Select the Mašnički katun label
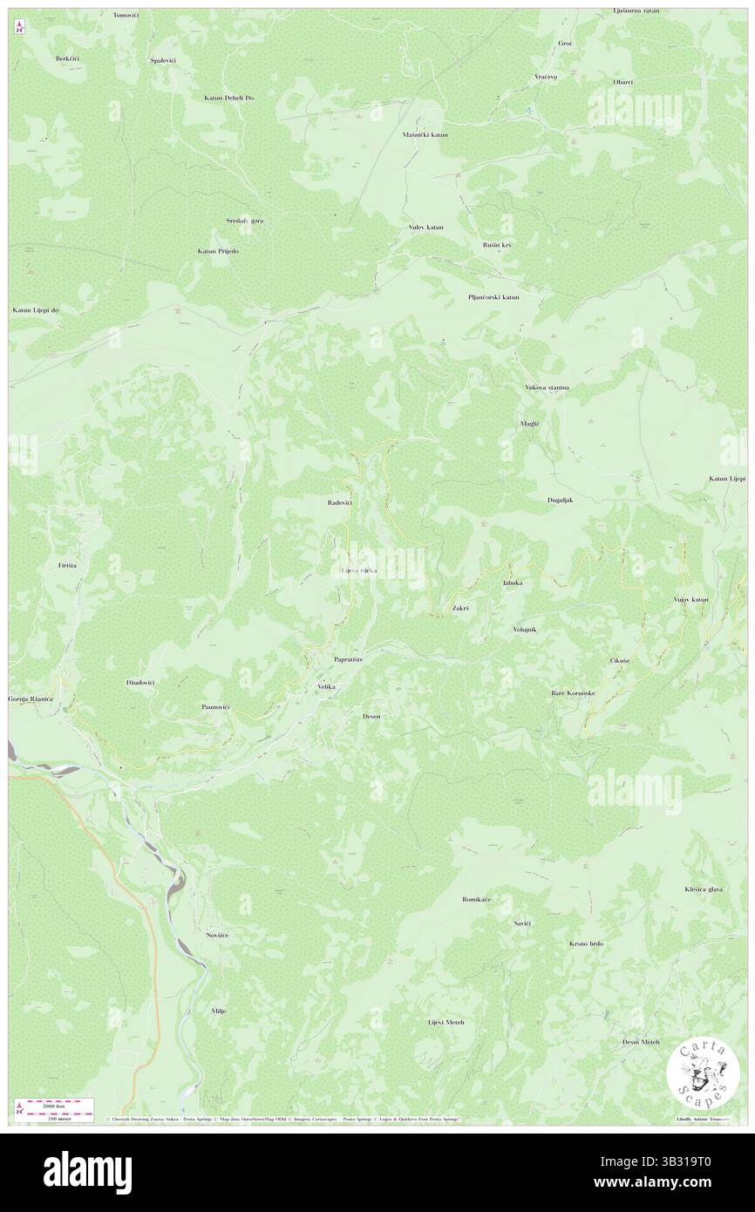tap(425, 135)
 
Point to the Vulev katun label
tap(425, 228)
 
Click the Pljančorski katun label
tap(493, 297)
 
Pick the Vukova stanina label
tap(547, 387)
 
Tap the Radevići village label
tap(339, 503)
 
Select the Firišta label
tap(68, 566)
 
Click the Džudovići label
tap(139, 683)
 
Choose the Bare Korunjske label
tap(573, 693)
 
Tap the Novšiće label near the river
tap(216, 935)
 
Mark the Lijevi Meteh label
tap(446, 1022)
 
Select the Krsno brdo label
tap(586, 943)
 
